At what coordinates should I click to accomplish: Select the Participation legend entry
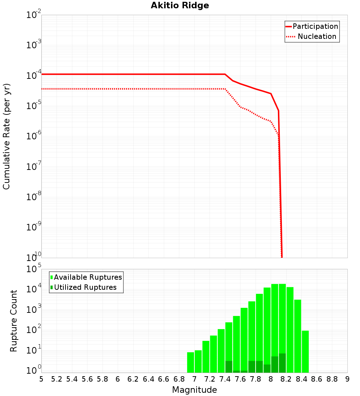click(315, 27)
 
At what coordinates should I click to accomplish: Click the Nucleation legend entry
click(317, 37)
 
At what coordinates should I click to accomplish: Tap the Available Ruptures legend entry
click(88, 277)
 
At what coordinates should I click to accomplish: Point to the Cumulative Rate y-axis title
click(6, 136)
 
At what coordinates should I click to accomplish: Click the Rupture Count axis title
click(14, 321)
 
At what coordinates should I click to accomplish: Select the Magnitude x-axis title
click(194, 390)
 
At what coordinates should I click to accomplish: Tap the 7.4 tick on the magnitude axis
click(225, 379)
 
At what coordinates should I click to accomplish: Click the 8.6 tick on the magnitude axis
click(317, 379)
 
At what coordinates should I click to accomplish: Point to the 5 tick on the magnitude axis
click(41, 379)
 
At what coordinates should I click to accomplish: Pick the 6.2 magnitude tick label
click(133, 379)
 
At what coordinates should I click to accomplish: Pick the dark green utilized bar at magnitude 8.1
click(282, 363)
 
